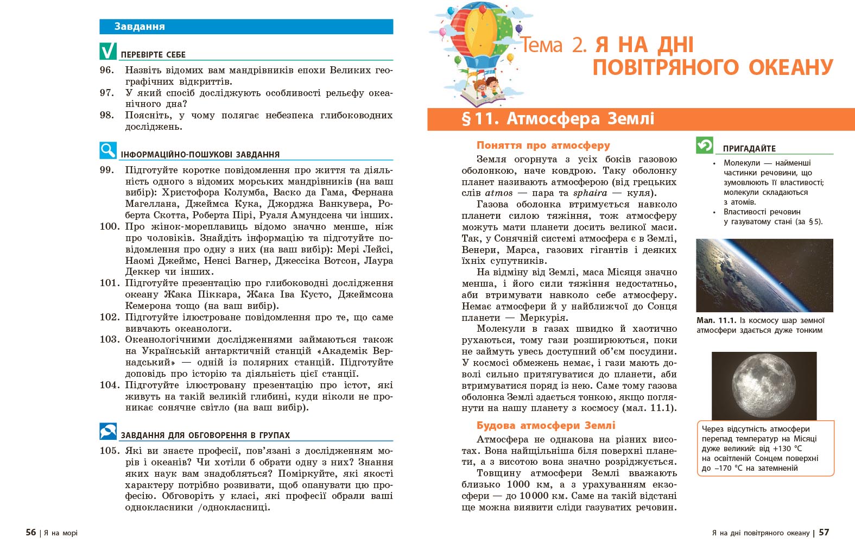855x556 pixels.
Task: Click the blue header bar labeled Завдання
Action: [246, 27]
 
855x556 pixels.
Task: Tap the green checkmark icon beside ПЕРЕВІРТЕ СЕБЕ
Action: [108, 51]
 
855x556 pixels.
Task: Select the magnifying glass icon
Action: [108, 150]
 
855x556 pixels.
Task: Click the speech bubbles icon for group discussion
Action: [108, 431]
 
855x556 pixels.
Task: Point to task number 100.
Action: [109, 226]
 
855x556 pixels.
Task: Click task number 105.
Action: [109, 451]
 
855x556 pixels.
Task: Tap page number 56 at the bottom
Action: [31, 533]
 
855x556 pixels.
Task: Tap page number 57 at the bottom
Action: [824, 533]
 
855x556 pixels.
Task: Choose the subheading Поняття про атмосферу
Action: [543, 146]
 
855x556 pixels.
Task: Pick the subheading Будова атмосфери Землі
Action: [546, 426]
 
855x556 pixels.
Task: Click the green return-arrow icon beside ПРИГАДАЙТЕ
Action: [705, 145]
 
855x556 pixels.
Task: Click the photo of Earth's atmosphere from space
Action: [764, 275]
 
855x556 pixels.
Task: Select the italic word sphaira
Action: [590, 193]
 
